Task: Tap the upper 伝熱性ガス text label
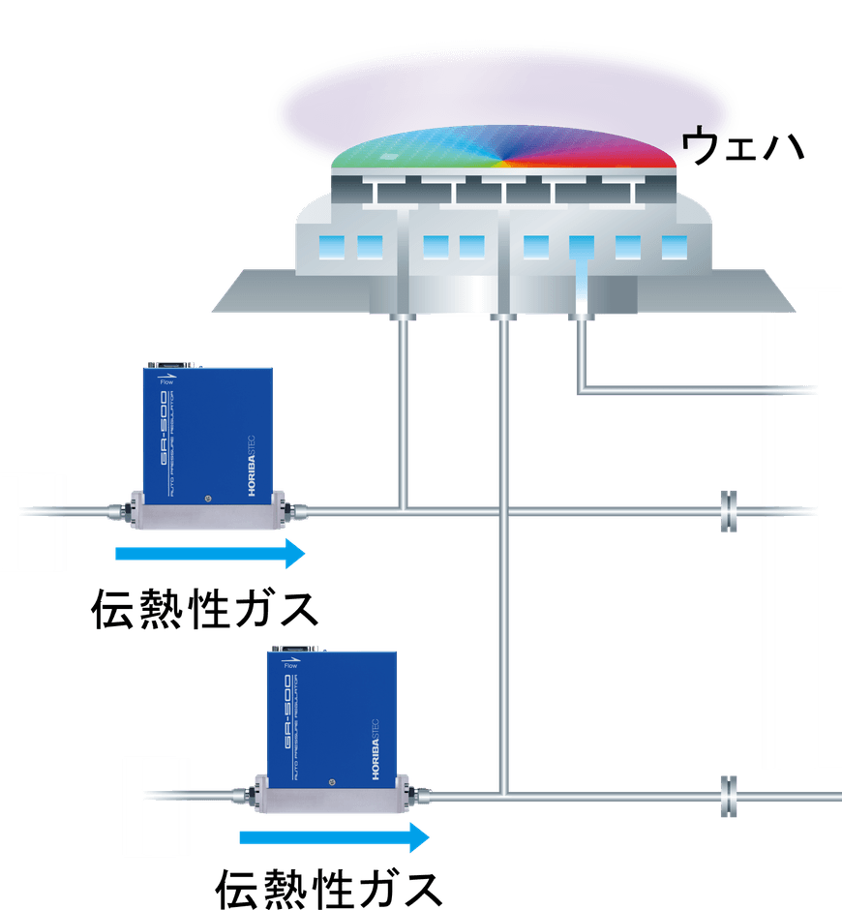pos(204,609)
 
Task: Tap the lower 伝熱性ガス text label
pos(329,885)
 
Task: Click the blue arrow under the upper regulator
pos(209,554)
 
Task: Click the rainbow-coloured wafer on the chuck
pos(503,150)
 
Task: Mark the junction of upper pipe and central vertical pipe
pos(502,509)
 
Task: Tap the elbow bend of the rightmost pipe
pos(584,390)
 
